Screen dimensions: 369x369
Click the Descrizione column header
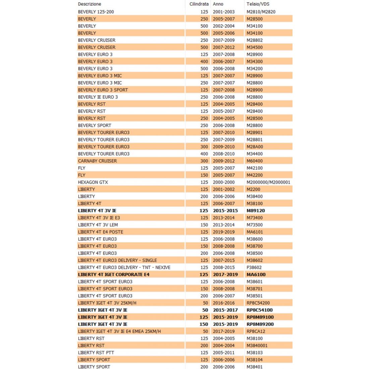[x=89, y=4]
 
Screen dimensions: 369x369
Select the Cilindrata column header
[x=199, y=4]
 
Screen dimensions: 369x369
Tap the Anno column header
[x=218, y=4]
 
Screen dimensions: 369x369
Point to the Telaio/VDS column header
[x=258, y=4]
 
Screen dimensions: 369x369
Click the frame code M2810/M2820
[x=261, y=12]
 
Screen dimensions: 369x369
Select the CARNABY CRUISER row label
[x=97, y=161]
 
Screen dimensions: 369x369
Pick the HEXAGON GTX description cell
[x=93, y=182]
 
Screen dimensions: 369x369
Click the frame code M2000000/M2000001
[x=268, y=182]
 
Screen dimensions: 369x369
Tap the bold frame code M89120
[x=256, y=211]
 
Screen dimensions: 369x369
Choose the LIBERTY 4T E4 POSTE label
[x=100, y=232]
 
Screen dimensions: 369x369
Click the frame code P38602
[x=254, y=267]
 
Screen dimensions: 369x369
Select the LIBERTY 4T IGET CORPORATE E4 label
[x=114, y=274]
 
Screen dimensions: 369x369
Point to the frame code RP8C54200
[x=258, y=303]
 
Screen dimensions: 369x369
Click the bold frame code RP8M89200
[x=260, y=324]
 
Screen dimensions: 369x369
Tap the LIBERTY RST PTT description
[x=96, y=353]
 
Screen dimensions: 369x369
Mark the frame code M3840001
[x=257, y=346]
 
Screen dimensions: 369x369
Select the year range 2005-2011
[x=224, y=353]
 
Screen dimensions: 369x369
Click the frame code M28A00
[x=255, y=147]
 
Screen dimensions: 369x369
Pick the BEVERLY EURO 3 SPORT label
[x=103, y=90]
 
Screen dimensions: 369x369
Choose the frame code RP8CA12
[x=255, y=331]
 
